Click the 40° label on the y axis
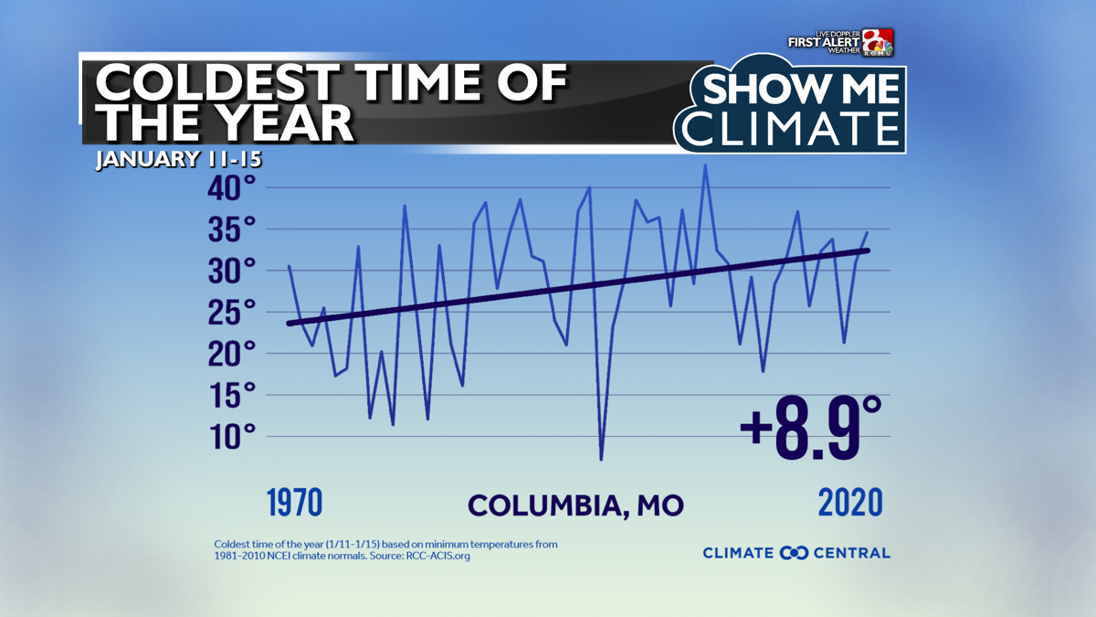click(230, 189)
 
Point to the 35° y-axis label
click(230, 230)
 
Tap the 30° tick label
click(230, 271)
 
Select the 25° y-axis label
click(230, 314)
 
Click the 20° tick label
click(230, 355)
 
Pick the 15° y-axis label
click(230, 397)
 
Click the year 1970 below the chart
click(295, 504)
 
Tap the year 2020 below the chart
click(849, 504)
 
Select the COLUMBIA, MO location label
click(575, 505)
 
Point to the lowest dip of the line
click(601, 459)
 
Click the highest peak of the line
click(705, 165)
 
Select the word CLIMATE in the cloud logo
click(791, 128)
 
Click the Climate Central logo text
click(796, 552)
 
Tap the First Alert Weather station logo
click(841, 42)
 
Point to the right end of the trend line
click(868, 250)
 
